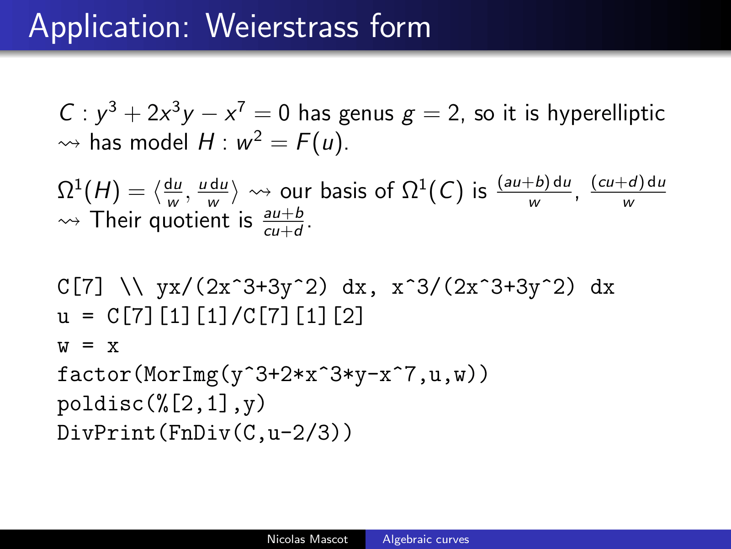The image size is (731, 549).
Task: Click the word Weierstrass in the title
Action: [x=282, y=26]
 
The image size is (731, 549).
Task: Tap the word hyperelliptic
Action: [x=606, y=114]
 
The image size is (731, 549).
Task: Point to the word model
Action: [x=159, y=142]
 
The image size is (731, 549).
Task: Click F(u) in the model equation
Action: [x=319, y=143]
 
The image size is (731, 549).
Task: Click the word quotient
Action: [x=190, y=221]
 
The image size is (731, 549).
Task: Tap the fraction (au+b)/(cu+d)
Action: [x=283, y=222]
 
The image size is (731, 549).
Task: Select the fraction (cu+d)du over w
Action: [x=628, y=191]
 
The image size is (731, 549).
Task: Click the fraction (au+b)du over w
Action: [x=534, y=191]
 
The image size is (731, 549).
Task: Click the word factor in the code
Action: [x=94, y=374]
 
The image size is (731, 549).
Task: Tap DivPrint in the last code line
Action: [x=106, y=433]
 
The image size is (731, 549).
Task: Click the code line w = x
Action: [x=88, y=346]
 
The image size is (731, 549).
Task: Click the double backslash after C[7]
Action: [x=132, y=287]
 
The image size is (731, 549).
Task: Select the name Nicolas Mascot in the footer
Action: [x=307, y=539]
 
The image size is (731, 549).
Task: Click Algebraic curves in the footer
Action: [x=426, y=540]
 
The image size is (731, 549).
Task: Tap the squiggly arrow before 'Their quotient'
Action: [x=69, y=221]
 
